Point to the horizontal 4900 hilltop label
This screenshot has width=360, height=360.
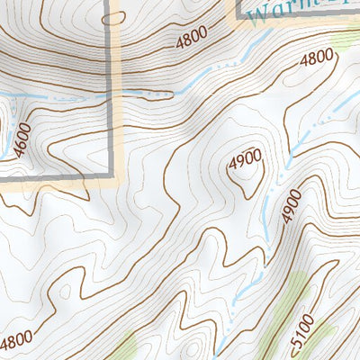(x=245, y=157)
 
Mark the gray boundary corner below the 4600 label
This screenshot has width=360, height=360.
(x=112, y=177)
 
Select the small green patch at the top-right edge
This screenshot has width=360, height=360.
(x=349, y=40)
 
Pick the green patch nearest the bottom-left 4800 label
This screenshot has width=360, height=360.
(x=126, y=346)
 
